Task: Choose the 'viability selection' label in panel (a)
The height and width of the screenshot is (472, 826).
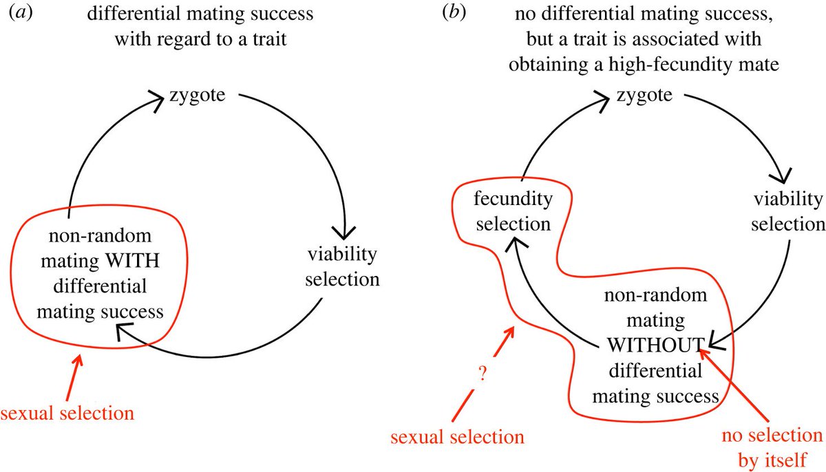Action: (x=343, y=267)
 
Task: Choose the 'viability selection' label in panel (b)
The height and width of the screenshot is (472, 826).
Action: (x=787, y=211)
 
